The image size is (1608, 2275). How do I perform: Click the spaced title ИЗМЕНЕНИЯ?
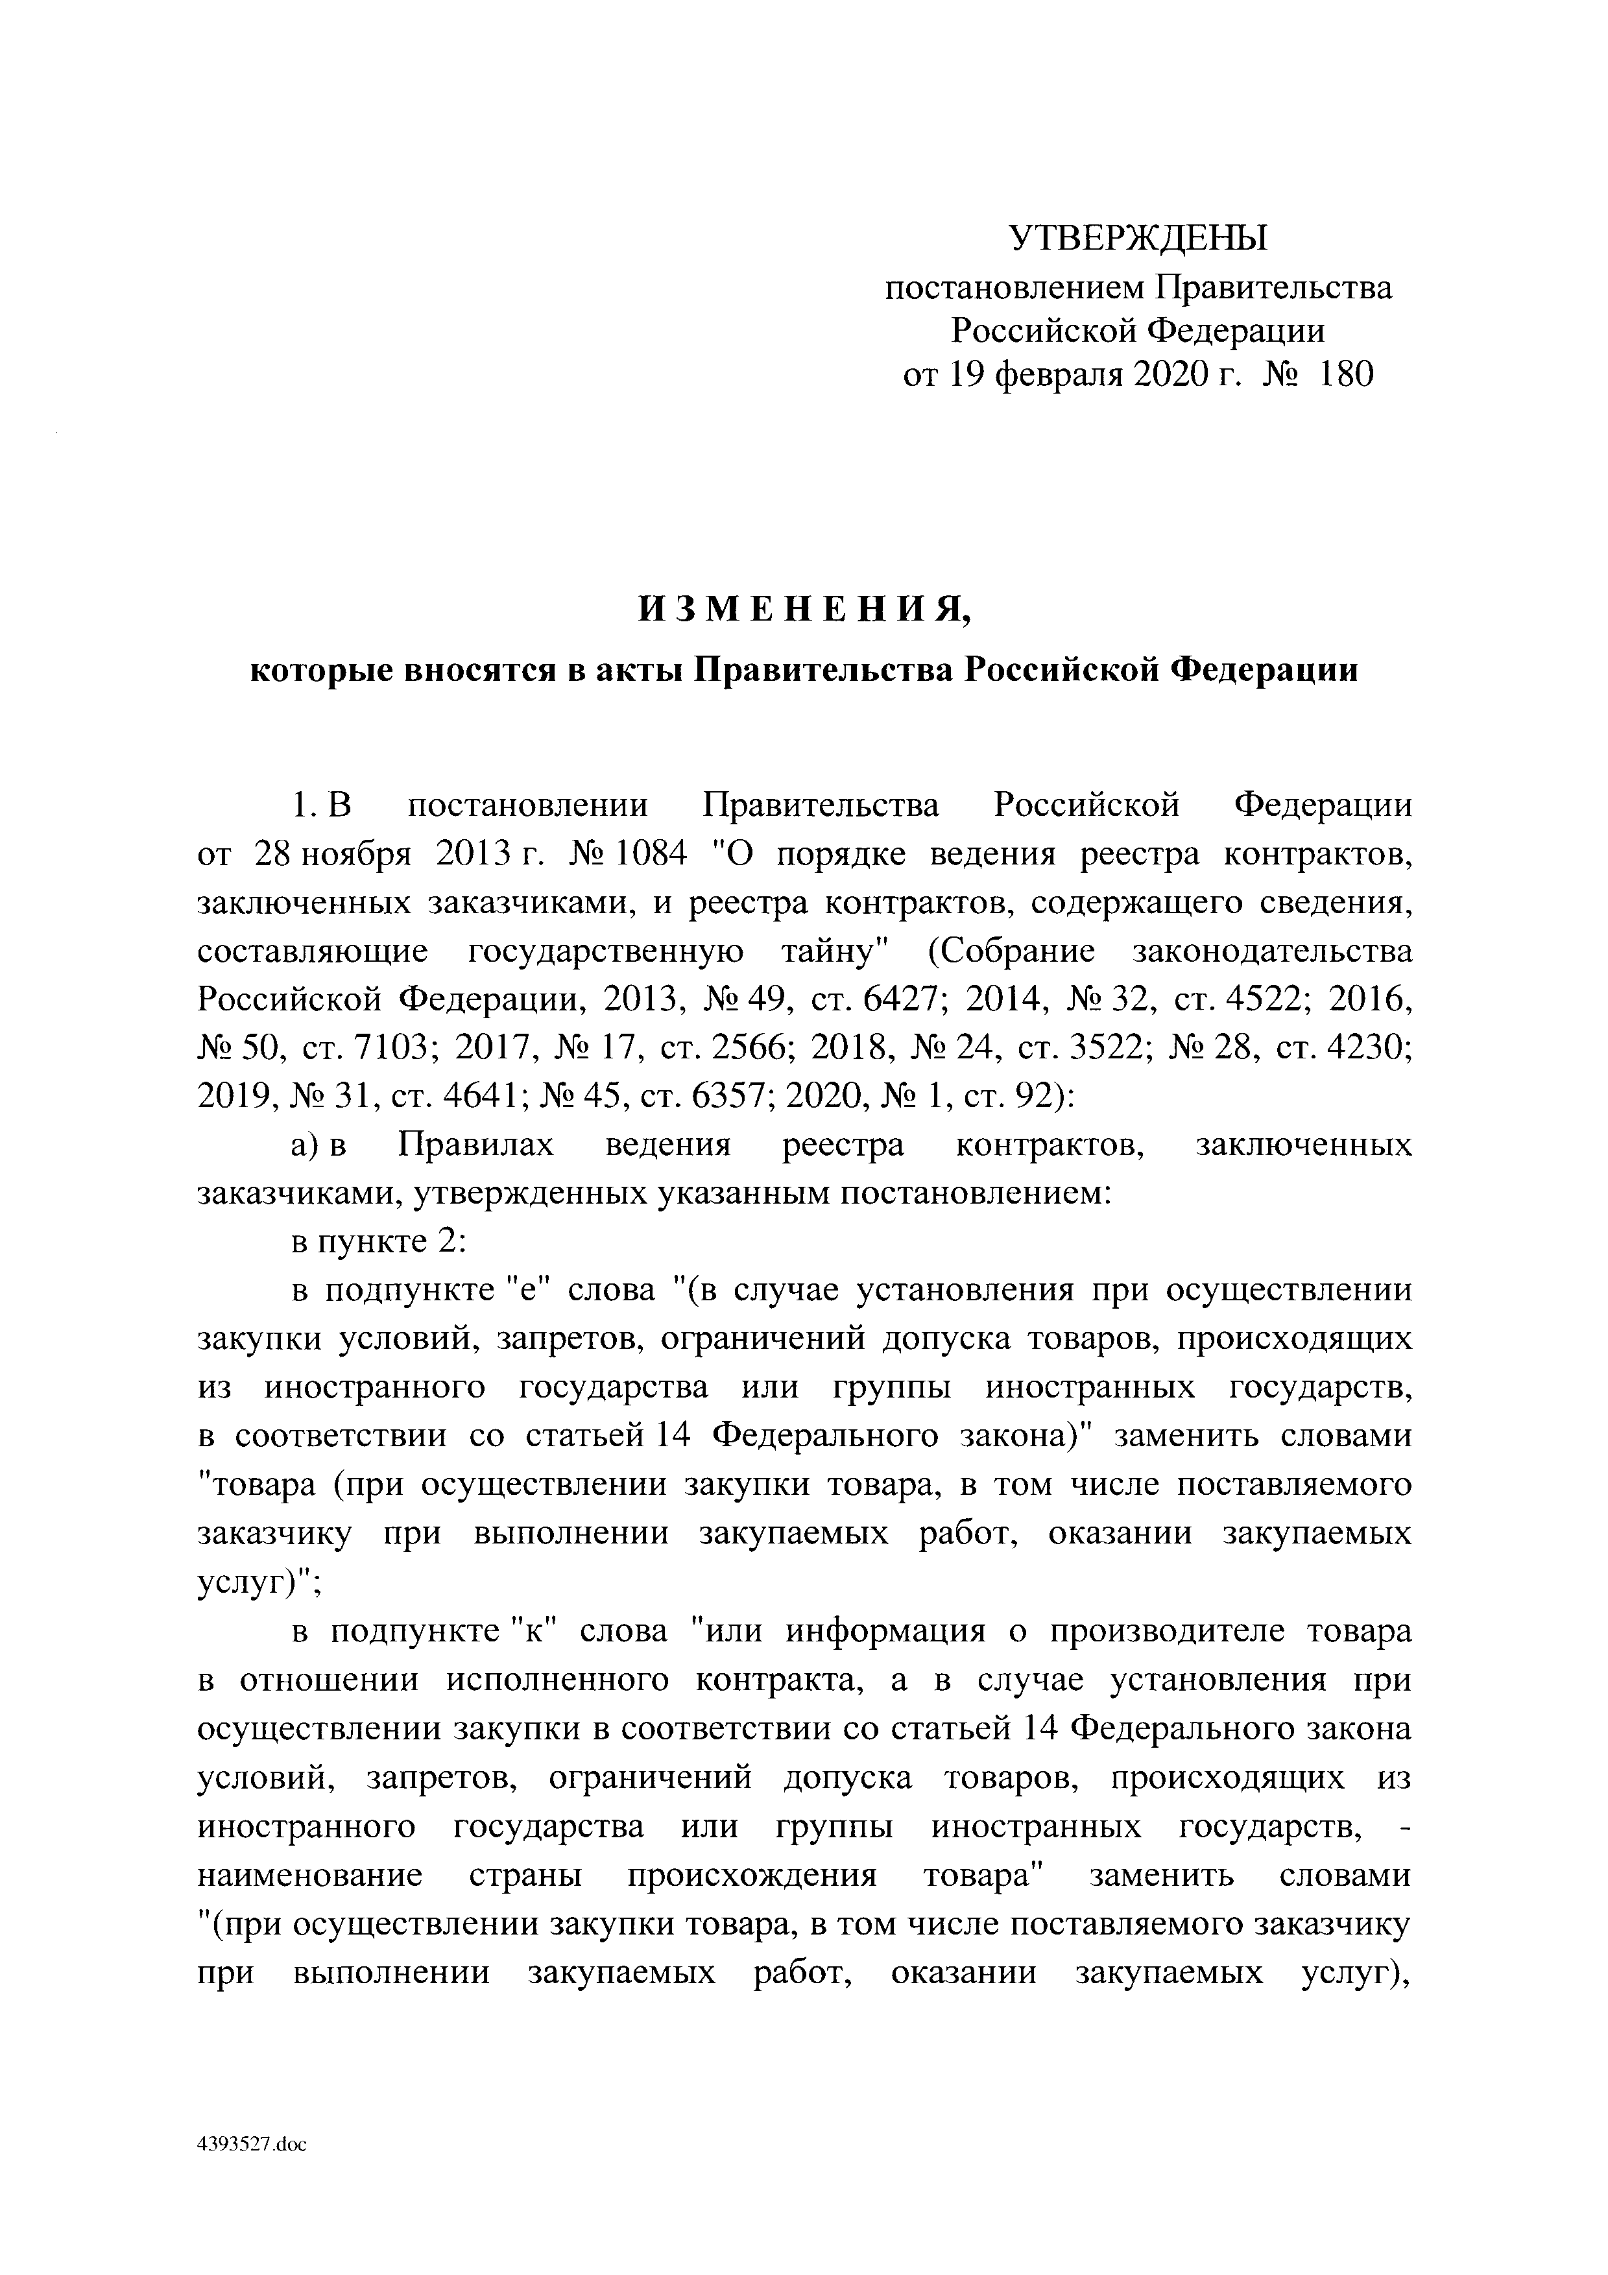click(804, 610)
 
